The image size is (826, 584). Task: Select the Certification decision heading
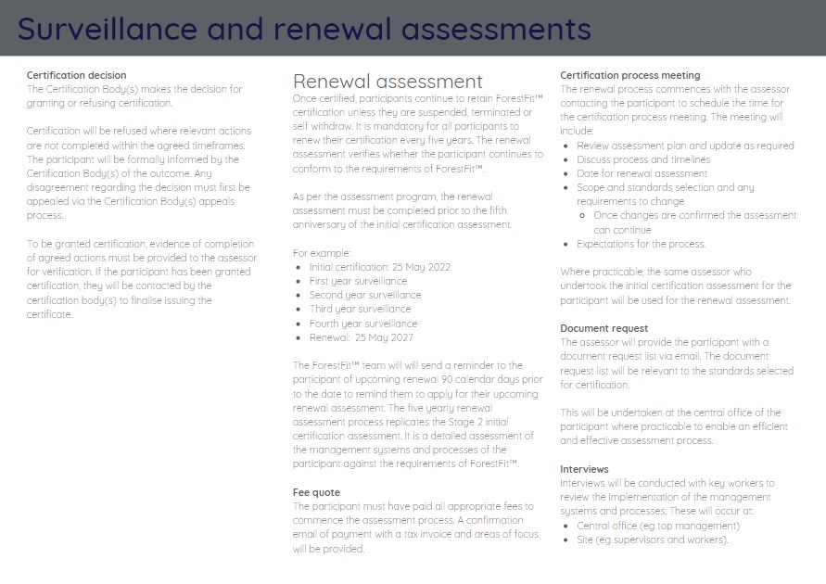click(77, 75)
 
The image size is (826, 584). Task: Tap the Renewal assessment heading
click(388, 82)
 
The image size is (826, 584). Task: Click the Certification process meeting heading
click(630, 75)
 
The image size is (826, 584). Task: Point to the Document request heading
click(604, 328)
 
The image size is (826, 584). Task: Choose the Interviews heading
click(584, 469)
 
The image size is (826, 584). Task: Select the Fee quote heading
click(316, 492)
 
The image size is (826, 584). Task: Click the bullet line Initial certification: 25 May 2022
click(379, 267)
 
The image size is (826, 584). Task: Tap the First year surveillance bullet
click(358, 281)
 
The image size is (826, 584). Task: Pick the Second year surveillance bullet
click(364, 295)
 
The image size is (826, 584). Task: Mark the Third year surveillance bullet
click(360, 309)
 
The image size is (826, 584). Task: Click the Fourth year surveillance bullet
click(362, 324)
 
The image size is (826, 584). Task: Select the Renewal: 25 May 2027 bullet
click(361, 337)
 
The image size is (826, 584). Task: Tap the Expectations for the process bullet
click(641, 244)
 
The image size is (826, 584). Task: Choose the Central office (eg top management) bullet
click(645, 526)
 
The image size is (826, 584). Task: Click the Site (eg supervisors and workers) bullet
click(639, 540)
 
